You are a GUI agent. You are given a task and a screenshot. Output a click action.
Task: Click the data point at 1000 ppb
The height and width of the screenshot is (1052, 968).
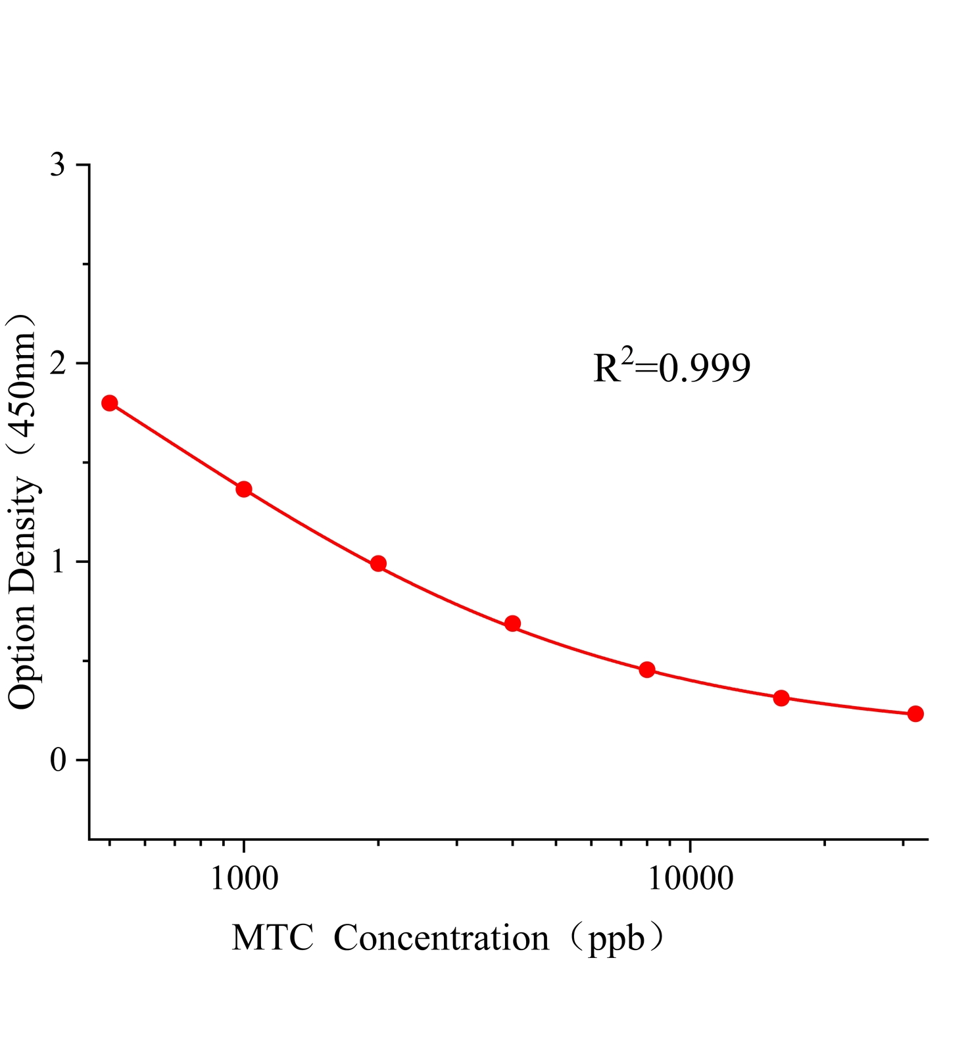click(x=244, y=489)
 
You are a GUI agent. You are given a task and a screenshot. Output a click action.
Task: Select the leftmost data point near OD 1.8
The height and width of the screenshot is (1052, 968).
click(x=110, y=403)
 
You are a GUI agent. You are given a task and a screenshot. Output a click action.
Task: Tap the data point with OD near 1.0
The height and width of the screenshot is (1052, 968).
click(x=378, y=563)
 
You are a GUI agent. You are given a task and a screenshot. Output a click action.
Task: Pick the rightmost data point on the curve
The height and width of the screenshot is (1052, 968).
click(x=915, y=714)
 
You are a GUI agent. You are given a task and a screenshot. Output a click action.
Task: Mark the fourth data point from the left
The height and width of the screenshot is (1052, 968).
click(x=513, y=624)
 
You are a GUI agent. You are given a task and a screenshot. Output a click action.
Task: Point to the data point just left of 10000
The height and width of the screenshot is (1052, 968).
click(x=647, y=670)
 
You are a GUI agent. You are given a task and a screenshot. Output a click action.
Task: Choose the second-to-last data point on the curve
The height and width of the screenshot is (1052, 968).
click(x=781, y=698)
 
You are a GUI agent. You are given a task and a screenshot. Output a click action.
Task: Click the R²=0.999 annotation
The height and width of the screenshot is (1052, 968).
click(x=671, y=368)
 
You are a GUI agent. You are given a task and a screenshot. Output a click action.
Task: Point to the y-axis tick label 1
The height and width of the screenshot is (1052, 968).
click(x=58, y=562)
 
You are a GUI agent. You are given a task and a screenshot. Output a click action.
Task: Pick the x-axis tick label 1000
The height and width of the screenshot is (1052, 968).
click(x=244, y=878)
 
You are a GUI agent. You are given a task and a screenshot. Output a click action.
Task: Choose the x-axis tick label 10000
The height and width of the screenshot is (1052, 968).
click(x=690, y=878)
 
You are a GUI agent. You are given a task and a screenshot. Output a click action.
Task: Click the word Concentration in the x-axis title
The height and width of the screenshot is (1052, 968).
click(x=441, y=938)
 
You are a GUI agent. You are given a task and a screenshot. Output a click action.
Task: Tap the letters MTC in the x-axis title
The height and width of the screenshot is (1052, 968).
click(x=272, y=938)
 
